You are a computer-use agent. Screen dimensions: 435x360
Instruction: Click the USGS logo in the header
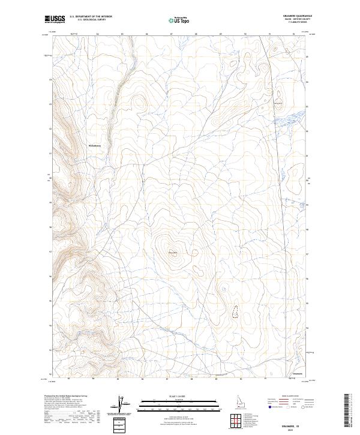(x=55, y=19)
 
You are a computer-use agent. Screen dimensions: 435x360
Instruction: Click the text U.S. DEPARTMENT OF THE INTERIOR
(x=91, y=17)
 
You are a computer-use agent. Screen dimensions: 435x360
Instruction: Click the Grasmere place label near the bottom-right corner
(x=297, y=374)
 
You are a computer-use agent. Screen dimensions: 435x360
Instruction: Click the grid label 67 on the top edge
(x=172, y=34)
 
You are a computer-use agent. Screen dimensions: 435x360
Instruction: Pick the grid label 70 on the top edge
(x=246, y=34)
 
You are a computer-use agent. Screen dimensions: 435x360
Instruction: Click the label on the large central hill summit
(x=173, y=251)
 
